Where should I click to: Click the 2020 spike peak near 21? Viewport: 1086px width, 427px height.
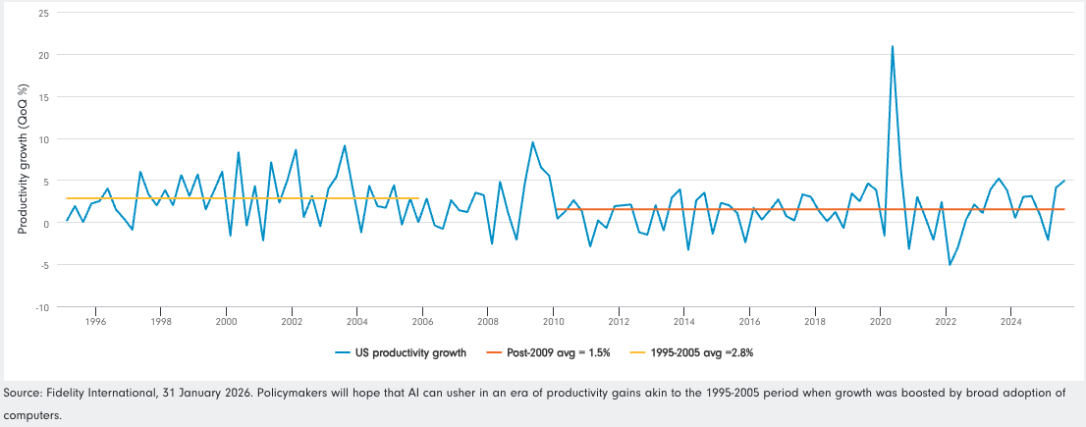point(893,46)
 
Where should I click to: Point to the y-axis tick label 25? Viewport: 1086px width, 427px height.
point(43,14)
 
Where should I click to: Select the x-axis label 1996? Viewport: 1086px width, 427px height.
point(95,321)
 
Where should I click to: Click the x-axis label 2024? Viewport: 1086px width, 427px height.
point(1011,321)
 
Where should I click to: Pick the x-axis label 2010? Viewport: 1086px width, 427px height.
point(553,321)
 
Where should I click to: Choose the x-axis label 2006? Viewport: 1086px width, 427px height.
point(422,321)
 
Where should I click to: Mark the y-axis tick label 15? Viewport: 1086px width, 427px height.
point(43,97)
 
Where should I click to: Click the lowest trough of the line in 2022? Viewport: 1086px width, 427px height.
point(950,265)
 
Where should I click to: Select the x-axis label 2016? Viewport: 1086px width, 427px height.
point(749,321)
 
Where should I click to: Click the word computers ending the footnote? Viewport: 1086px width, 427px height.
point(30,414)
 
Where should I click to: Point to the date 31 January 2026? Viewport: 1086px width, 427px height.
point(192,394)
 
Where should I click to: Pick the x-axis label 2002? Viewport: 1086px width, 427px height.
point(292,321)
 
